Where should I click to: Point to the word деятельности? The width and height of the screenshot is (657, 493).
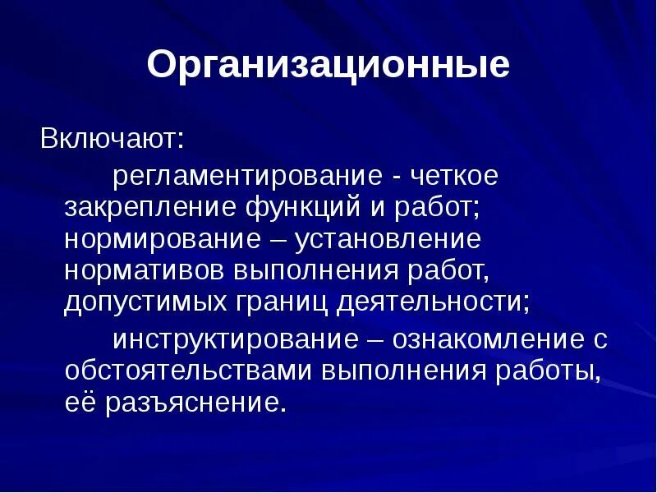[431, 302]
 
